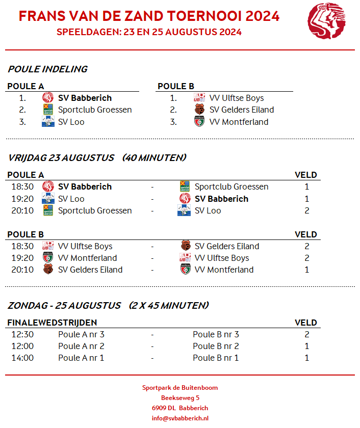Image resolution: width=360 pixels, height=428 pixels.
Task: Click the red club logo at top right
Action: (326, 21)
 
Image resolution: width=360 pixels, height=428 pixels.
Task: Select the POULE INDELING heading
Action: (47, 69)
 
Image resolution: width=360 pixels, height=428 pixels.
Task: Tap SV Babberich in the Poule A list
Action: (85, 98)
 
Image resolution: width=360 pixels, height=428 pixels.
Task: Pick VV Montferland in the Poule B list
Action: (239, 122)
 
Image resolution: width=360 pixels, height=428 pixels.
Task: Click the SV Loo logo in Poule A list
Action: (48, 122)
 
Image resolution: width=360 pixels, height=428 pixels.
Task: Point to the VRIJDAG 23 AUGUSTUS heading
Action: (61, 158)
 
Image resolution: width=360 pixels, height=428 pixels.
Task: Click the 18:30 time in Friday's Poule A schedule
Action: (22, 186)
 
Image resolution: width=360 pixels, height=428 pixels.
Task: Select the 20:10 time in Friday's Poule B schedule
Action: (22, 270)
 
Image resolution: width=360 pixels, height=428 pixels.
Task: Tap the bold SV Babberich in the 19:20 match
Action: (221, 199)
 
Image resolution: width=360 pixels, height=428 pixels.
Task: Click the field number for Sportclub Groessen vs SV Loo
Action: (307, 210)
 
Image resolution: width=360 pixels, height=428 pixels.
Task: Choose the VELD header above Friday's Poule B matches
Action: (306, 234)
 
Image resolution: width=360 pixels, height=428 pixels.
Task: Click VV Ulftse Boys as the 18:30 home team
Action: (85, 246)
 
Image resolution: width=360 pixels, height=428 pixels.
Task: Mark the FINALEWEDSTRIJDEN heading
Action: (52, 323)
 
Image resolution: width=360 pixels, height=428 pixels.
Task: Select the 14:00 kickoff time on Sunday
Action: (22, 358)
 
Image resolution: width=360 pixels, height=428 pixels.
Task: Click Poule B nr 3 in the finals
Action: (216, 334)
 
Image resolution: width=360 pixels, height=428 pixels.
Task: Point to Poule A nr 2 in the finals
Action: (81, 346)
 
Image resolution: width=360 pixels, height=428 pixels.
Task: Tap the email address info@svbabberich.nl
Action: (180, 418)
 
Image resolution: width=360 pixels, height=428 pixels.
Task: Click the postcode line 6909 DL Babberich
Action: (180, 408)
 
